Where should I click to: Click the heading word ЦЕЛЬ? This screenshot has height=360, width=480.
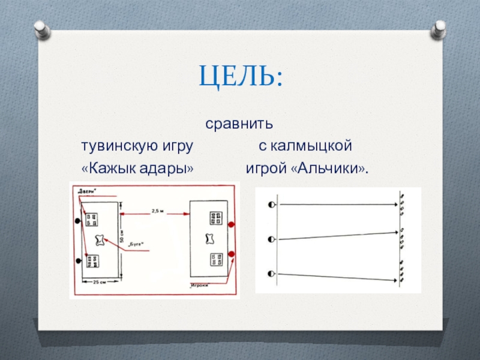[240, 76]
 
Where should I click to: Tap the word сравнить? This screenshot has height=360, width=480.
[239, 125]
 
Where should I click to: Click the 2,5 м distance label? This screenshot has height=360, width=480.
[157, 211]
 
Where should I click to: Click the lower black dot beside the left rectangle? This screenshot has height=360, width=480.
[79, 260]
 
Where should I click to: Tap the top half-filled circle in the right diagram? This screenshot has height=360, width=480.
[272, 205]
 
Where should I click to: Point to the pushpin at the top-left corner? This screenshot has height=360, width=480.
[41, 28]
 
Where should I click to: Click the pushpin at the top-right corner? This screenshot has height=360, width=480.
[439, 28]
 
